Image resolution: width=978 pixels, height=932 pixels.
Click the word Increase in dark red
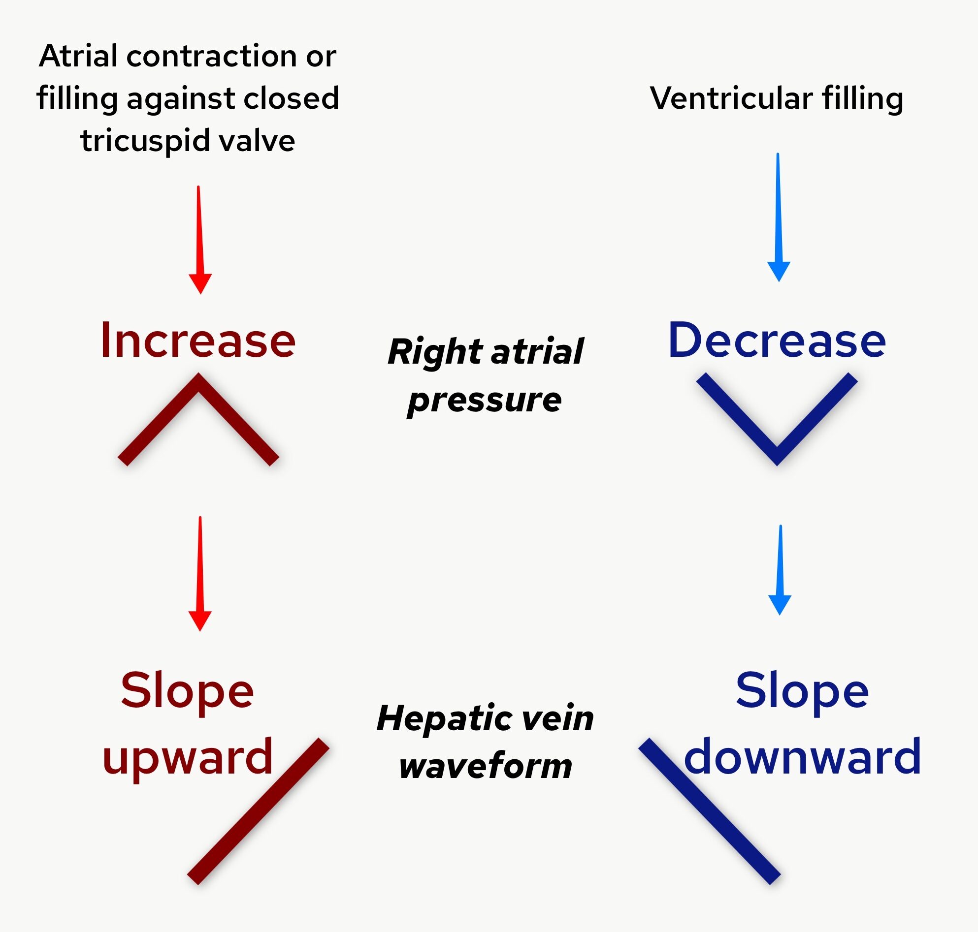click(198, 341)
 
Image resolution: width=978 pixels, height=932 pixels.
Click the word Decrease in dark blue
click(777, 341)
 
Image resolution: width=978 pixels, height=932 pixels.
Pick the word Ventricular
click(731, 98)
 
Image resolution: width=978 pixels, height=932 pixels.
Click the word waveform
click(485, 766)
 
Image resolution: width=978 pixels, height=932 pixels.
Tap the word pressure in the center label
click(484, 400)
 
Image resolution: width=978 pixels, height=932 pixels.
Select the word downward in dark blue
click(803, 757)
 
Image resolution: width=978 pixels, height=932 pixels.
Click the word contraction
click(212, 56)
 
